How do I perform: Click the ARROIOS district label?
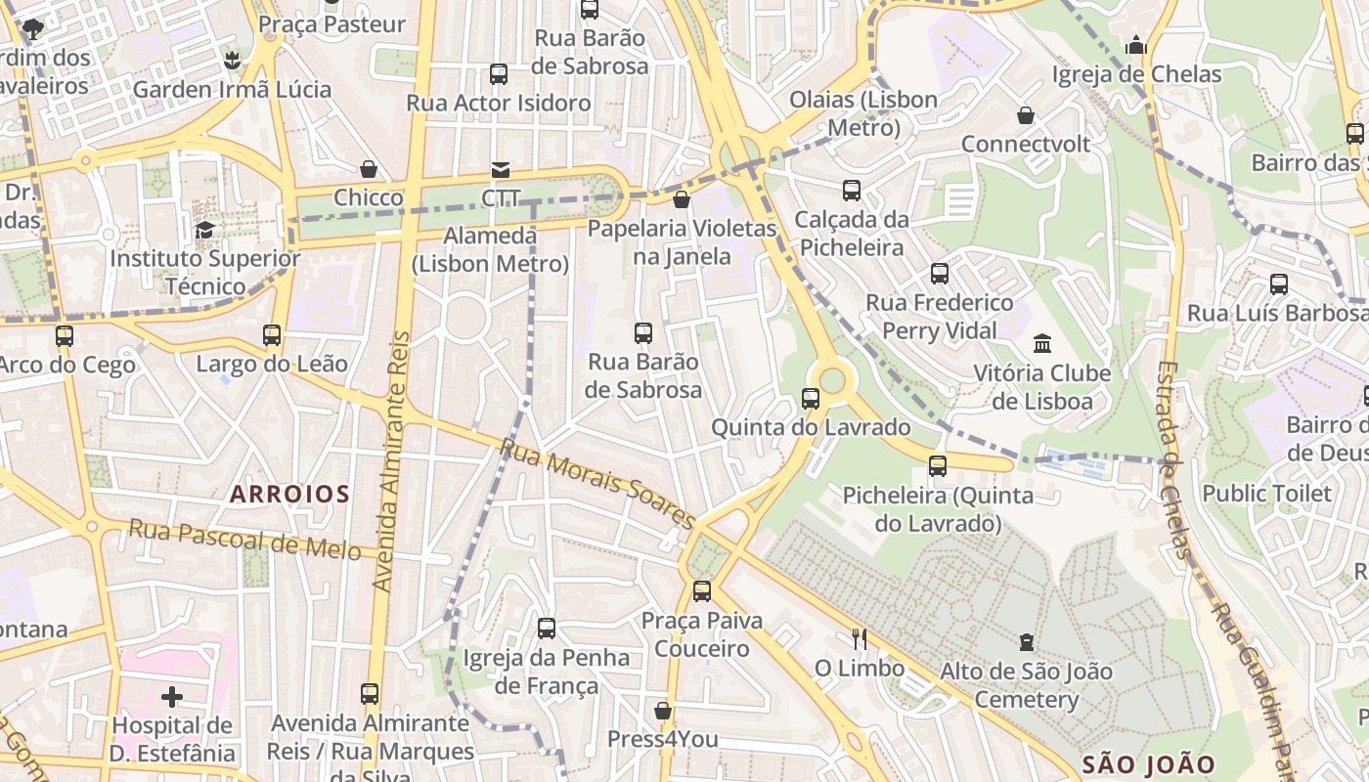pos(289,494)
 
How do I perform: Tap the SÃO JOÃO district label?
pos(1148,764)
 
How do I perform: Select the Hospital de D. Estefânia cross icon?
pos(172,697)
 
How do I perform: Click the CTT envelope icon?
pos(501,170)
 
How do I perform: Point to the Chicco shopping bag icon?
pos(369,169)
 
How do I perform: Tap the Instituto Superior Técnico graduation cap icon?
pos(204,230)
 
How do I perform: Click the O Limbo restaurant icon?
pos(860,639)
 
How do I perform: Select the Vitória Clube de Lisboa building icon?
pos(1042,344)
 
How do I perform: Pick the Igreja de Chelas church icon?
pos(1135,45)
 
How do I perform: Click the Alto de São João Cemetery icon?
pos(1026,642)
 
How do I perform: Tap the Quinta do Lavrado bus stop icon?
pos(810,399)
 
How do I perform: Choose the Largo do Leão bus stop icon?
pos(272,335)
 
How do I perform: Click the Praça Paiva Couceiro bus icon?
pos(701,591)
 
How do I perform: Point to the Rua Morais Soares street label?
pos(597,483)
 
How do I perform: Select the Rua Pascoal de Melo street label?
pos(245,540)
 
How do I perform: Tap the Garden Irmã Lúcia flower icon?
pos(232,61)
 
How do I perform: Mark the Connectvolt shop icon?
pos(1026,115)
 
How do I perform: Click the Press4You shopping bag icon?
pos(663,711)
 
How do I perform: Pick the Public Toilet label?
pos(1266,494)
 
